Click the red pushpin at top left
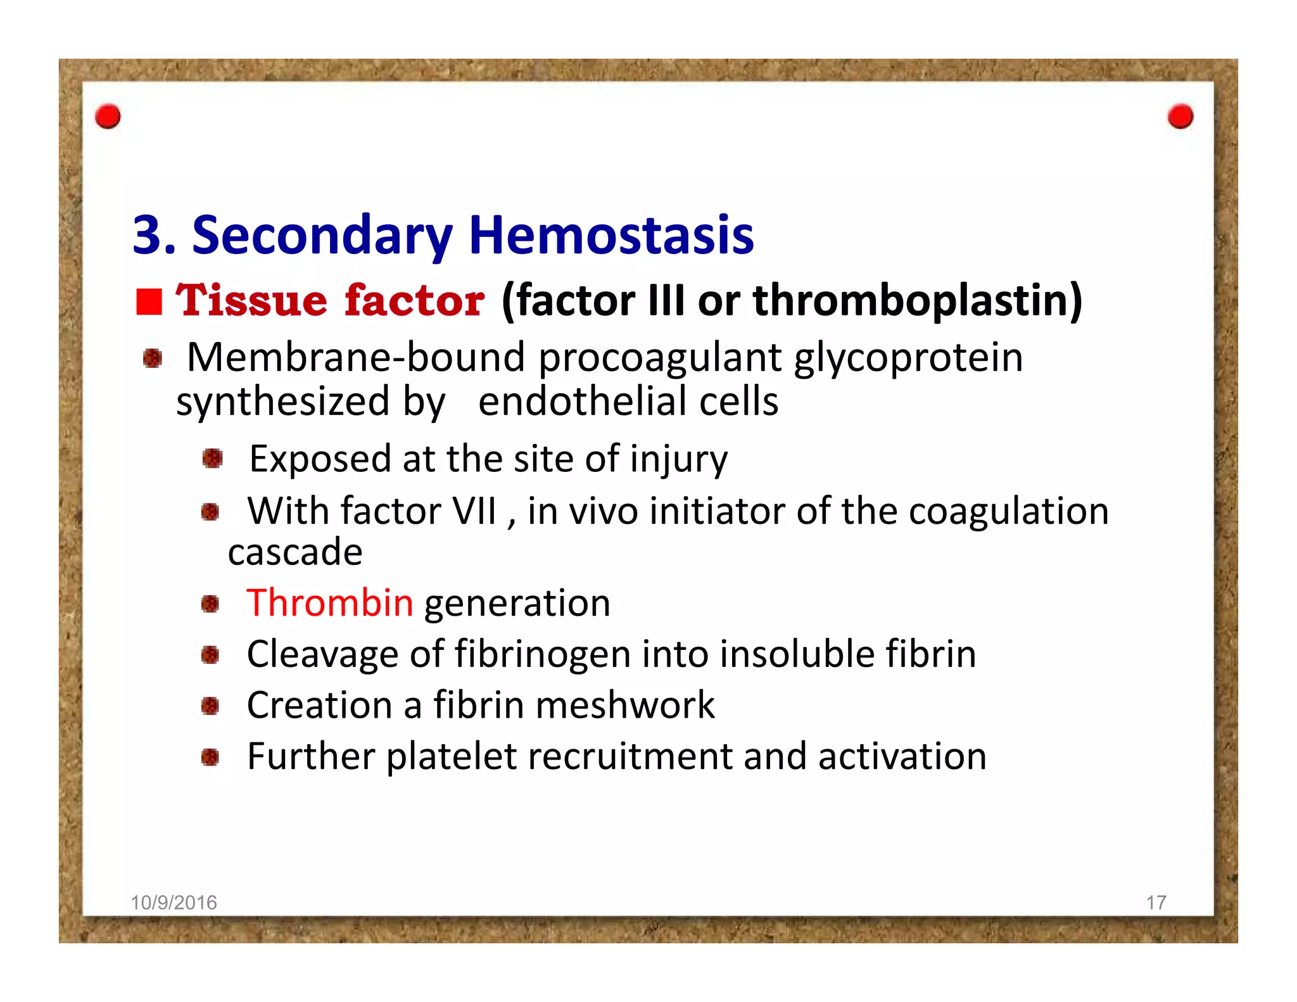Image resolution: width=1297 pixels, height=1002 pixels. click(108, 117)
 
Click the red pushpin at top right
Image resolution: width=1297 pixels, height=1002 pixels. click(1180, 117)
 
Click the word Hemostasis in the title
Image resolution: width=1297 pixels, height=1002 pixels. click(611, 235)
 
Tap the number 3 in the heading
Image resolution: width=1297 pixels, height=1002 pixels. click(146, 235)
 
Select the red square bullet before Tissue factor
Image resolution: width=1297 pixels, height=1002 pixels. click(149, 301)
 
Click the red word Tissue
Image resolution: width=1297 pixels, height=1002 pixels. click(251, 300)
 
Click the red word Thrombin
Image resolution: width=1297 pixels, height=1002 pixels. click(330, 602)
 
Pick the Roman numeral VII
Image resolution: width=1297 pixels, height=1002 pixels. click(474, 511)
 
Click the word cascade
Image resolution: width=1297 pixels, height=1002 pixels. click(295, 552)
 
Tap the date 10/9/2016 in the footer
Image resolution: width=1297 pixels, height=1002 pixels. click(174, 903)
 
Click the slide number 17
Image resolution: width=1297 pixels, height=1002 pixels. click(1156, 903)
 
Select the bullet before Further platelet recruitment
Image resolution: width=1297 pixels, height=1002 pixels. click(210, 757)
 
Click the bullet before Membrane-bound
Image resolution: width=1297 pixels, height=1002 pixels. click(152, 358)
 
